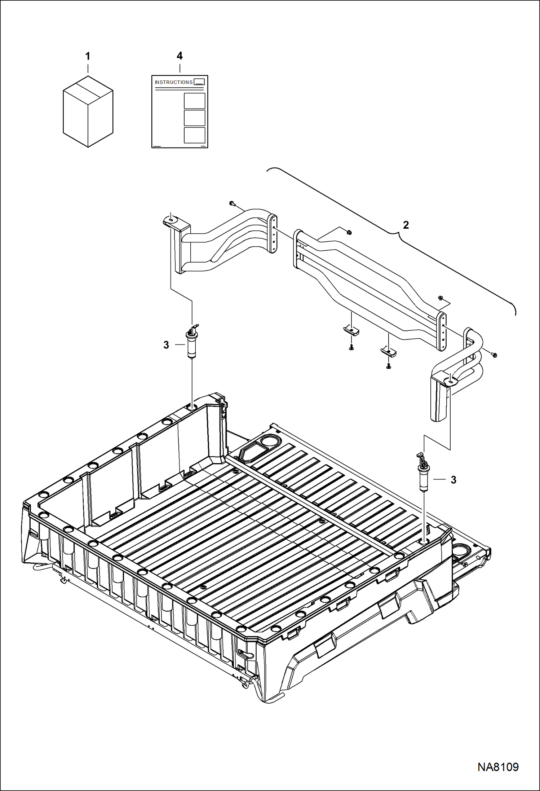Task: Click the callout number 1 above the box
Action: point(88,56)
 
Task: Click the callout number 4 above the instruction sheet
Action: point(180,56)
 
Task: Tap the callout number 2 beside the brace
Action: point(406,225)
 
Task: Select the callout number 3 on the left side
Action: point(166,345)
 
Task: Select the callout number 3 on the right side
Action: point(453,480)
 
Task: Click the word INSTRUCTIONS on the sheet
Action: point(174,82)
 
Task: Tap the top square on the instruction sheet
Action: point(194,101)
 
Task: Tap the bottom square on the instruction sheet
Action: point(194,135)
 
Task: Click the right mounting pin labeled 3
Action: point(423,473)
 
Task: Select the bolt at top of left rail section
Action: point(232,204)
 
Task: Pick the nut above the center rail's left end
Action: point(349,232)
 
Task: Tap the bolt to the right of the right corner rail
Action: point(494,355)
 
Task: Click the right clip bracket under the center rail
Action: point(389,351)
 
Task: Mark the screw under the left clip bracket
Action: point(351,348)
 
